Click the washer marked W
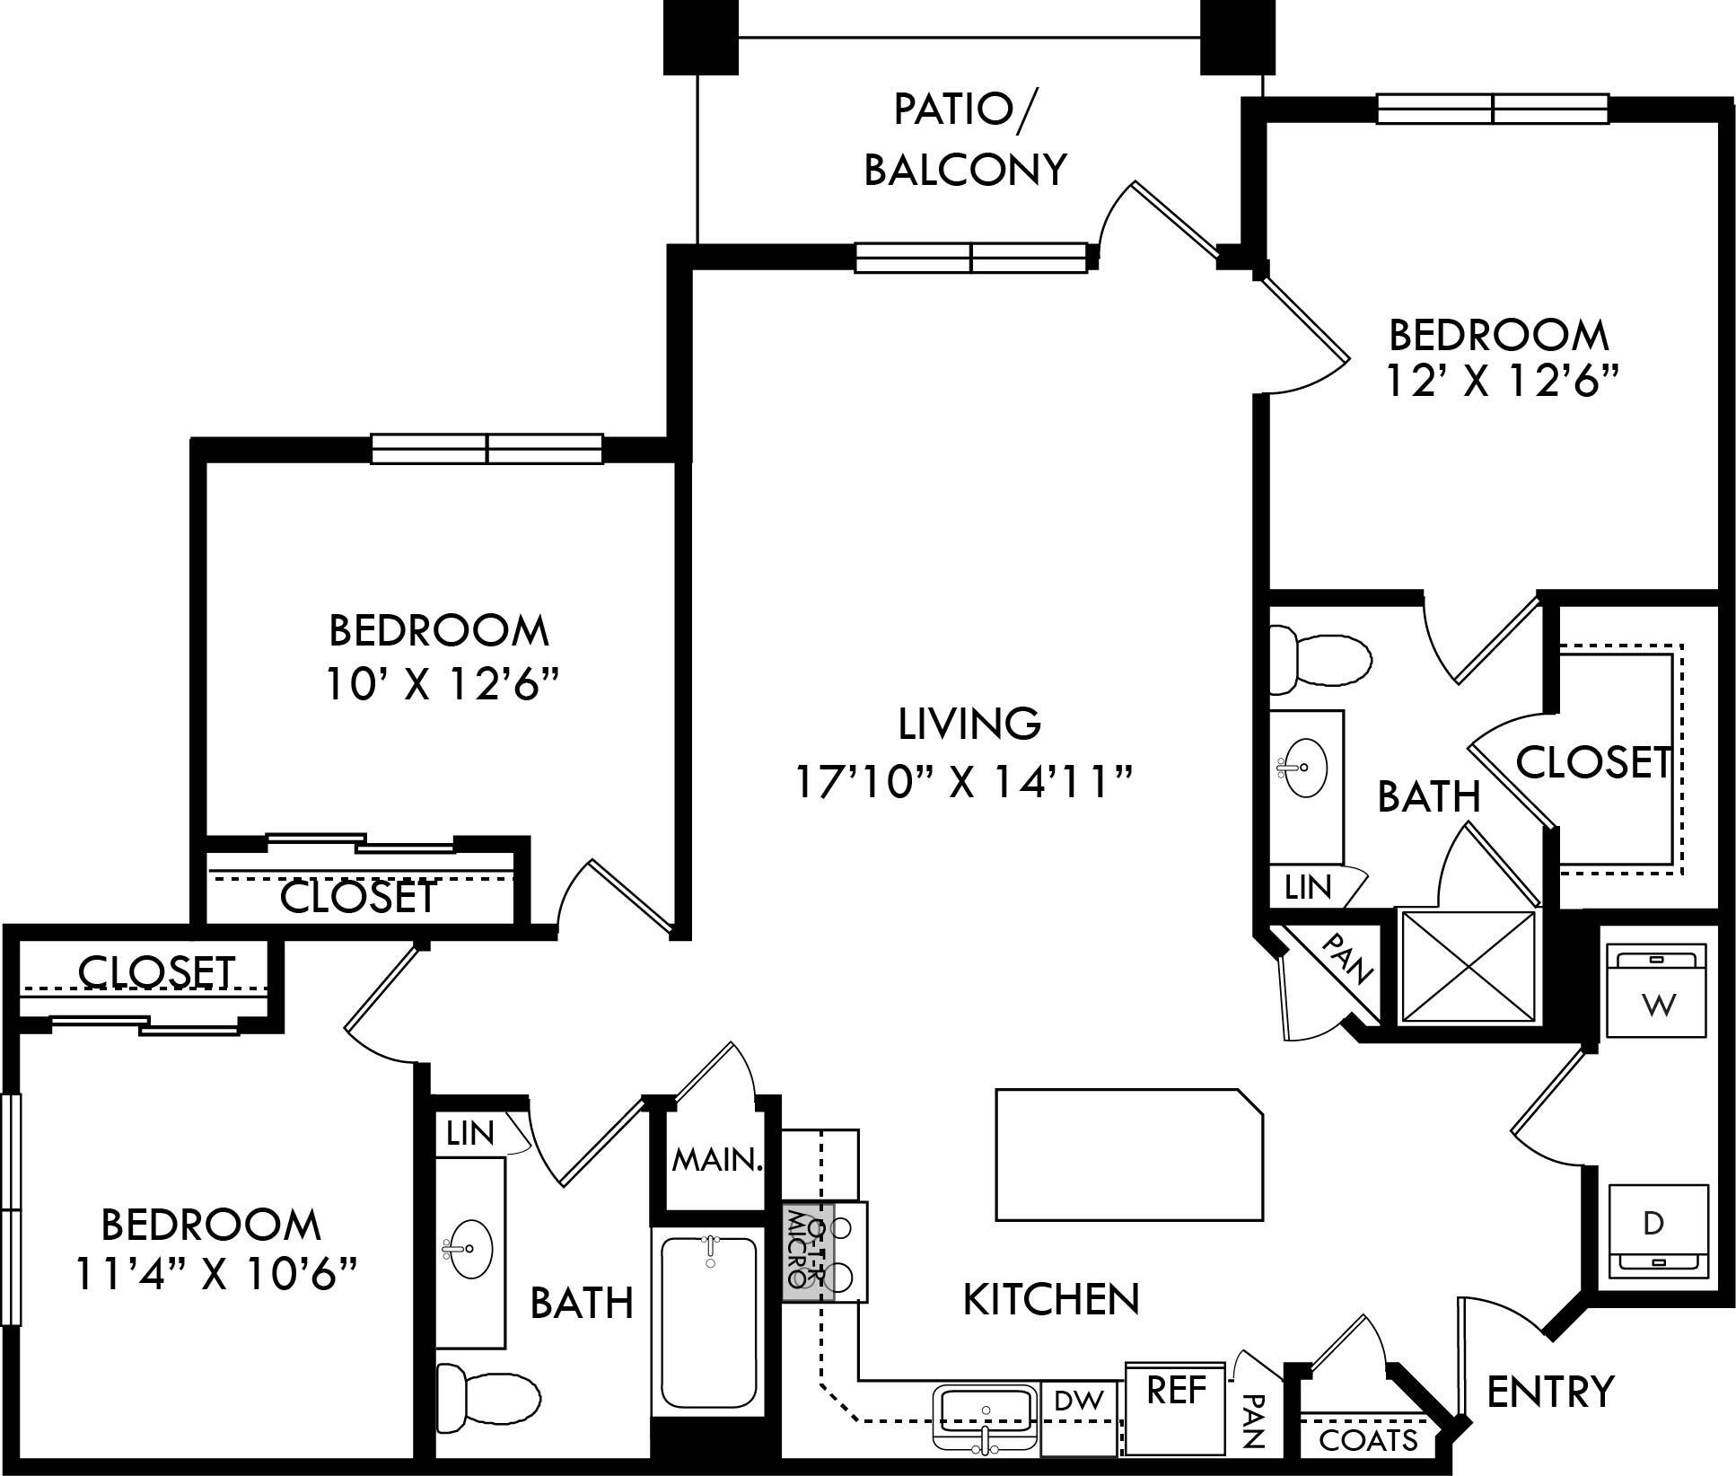pyautogui.click(x=1655, y=990)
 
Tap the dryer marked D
pyautogui.click(x=1657, y=1230)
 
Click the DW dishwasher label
pyautogui.click(x=1078, y=1401)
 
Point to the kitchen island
pyautogui.click(x=1129, y=1155)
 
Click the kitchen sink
pyautogui.click(x=986, y=1418)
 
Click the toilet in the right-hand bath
pyautogui.click(x=1320, y=661)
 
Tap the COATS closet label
pyautogui.click(x=1368, y=1441)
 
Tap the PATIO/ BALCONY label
pyautogui.click(x=965, y=139)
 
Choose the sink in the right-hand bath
pyautogui.click(x=1302, y=768)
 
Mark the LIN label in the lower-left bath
pyautogui.click(x=470, y=1134)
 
